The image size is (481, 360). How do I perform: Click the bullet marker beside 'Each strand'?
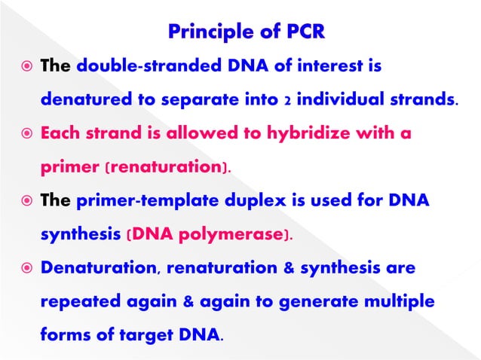coord(24,134)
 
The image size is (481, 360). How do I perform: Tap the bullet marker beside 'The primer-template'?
coord(24,202)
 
